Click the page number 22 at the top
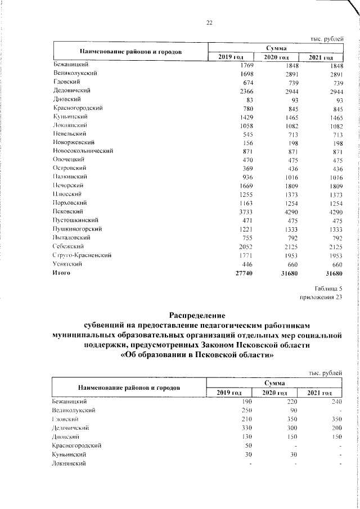click(x=209, y=22)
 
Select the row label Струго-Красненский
click(x=82, y=255)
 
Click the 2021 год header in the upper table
click(x=321, y=58)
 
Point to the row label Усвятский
click(x=68, y=263)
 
